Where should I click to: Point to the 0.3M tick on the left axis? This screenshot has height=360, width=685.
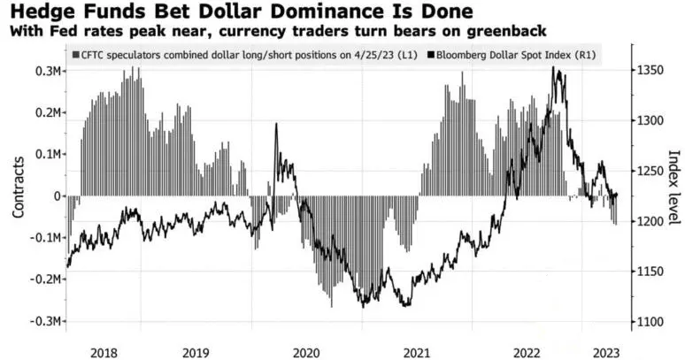pyautogui.click(x=47, y=71)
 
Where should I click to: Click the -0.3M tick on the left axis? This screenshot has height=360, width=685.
pyautogui.click(x=44, y=321)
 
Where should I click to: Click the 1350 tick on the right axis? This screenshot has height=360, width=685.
pyautogui.click(x=650, y=71)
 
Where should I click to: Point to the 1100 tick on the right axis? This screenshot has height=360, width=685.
pyautogui.click(x=650, y=322)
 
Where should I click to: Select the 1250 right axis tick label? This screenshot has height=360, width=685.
pyautogui.click(x=650, y=171)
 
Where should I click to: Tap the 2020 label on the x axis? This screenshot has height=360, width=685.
pyautogui.click(x=305, y=350)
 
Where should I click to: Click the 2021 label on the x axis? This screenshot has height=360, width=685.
pyautogui.click(x=418, y=350)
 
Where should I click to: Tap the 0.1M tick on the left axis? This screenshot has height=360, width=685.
pyautogui.click(x=47, y=154)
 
